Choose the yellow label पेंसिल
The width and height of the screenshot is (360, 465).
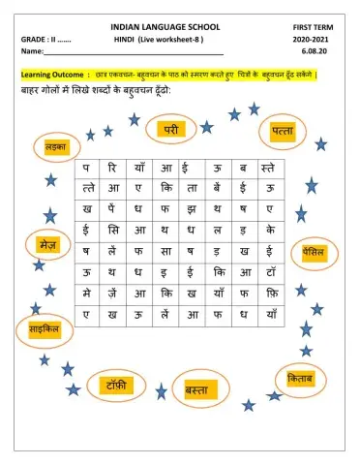tap(313, 251)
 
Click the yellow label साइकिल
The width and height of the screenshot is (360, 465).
tap(40, 331)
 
